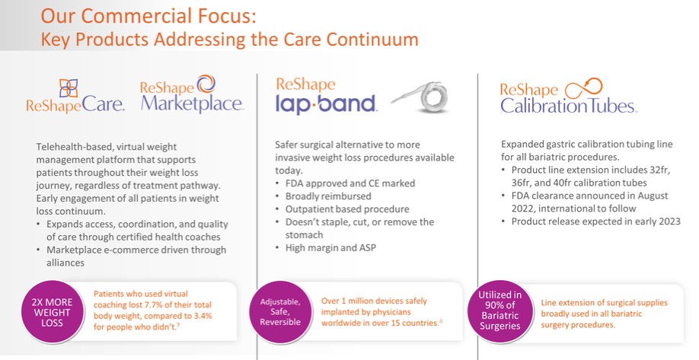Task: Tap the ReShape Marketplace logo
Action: [192, 94]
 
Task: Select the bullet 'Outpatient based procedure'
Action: [346, 209]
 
